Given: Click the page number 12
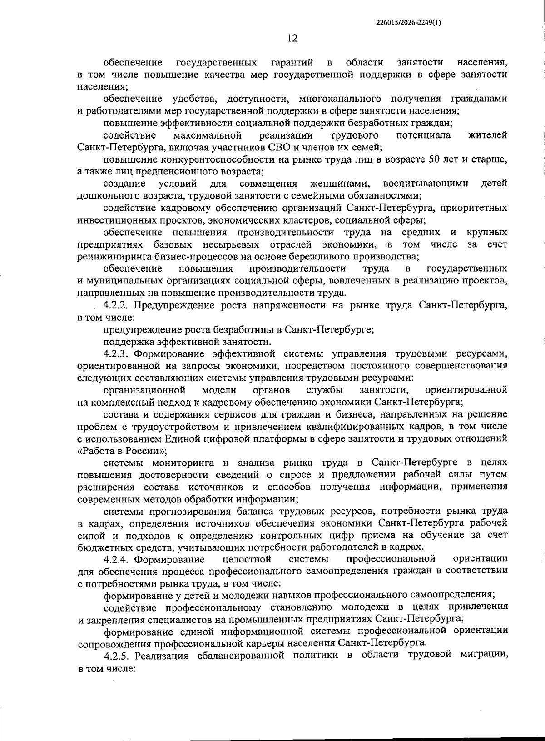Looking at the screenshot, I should (292, 39).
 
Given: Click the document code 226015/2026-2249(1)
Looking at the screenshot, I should (409, 22).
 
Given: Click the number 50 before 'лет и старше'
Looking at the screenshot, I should (434, 159).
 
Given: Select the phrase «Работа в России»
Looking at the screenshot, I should (122, 451).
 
